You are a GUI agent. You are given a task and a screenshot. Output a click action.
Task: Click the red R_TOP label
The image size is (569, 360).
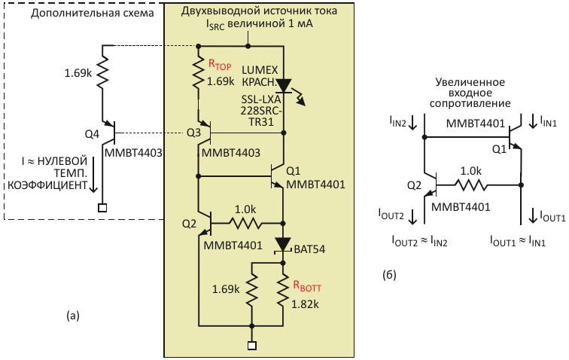220,65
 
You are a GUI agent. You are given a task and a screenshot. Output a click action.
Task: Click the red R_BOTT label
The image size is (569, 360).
307,286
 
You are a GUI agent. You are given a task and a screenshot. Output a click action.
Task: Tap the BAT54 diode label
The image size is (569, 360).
309,249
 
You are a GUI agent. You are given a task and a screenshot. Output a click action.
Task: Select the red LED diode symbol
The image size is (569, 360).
284,86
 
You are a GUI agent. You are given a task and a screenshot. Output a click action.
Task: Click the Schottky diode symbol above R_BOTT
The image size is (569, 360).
284,244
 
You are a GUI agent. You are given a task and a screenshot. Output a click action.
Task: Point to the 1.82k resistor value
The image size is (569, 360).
305,304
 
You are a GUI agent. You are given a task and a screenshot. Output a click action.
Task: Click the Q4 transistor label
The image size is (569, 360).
92,134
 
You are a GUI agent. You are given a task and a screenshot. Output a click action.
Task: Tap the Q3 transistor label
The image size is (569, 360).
193,133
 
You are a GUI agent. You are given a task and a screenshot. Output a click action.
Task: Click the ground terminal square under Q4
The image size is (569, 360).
102,208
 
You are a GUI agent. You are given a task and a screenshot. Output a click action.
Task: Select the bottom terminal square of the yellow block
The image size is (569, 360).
252,346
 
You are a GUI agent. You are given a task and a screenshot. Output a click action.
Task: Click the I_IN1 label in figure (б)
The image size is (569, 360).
548,122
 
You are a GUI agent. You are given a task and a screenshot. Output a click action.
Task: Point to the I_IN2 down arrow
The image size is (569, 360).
412,123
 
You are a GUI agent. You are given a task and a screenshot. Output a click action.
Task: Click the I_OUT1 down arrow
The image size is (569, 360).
533,215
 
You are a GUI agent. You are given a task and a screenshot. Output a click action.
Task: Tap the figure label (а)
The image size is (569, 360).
72,316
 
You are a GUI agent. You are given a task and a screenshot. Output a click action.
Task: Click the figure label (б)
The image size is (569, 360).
389,275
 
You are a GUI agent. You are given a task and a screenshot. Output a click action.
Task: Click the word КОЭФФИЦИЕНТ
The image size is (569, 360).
47,185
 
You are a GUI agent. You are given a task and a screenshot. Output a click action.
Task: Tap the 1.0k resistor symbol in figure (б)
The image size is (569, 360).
470,185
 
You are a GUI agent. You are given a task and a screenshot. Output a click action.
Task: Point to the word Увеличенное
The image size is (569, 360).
470,82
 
